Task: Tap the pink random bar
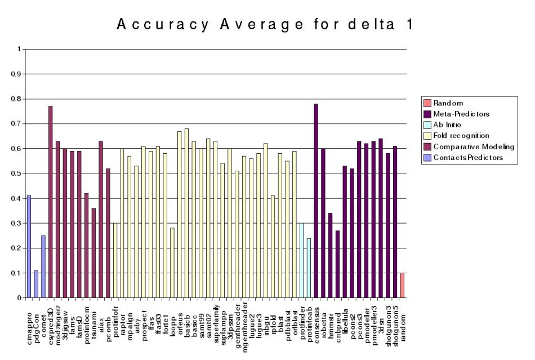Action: (402, 285)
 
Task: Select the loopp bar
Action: (172, 263)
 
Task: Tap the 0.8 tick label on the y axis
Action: (15, 99)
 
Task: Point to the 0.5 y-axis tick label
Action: (15, 174)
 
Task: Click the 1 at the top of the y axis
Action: (18, 50)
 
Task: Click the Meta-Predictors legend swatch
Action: (427, 114)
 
